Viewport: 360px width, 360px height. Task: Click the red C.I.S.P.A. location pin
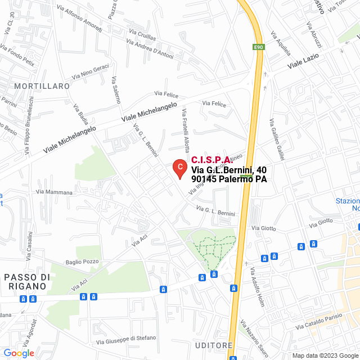coord(179,168)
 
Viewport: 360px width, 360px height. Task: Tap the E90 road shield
coord(258,47)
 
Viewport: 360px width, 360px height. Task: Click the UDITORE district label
coord(214,345)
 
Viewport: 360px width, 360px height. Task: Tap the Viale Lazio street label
coord(303,61)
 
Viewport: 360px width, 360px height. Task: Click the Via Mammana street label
coord(54,192)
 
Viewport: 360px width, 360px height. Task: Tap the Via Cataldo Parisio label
coord(325,323)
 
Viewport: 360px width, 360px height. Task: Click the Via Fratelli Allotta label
coord(185,129)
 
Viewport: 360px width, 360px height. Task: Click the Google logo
coord(19,353)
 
